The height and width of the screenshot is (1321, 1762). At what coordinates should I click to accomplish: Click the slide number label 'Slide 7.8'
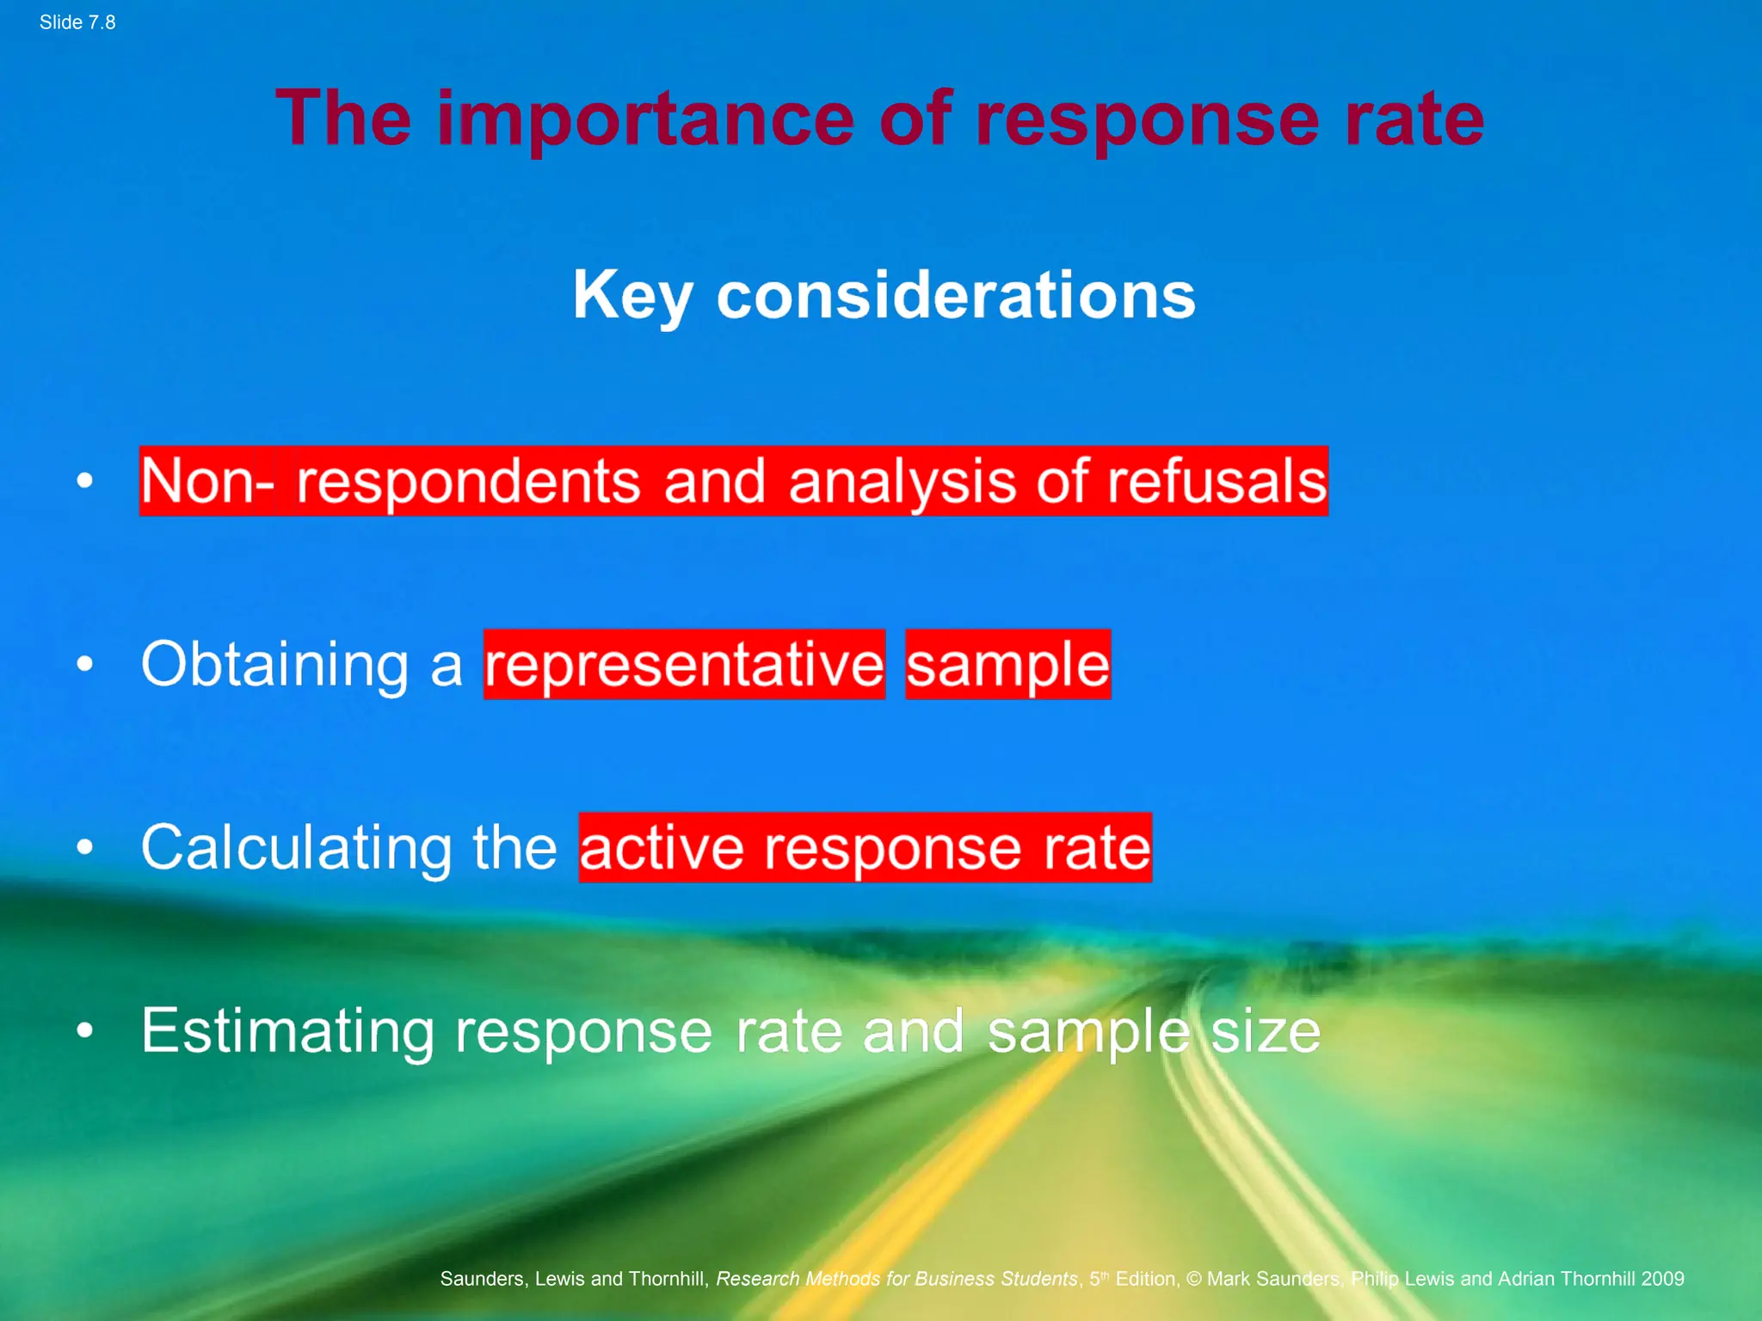pos(77,22)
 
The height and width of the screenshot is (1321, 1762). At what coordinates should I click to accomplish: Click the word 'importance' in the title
pos(645,120)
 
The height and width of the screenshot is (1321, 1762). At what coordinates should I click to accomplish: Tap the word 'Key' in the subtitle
pos(632,295)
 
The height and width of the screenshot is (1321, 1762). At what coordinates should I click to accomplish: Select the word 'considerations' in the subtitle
pos(956,295)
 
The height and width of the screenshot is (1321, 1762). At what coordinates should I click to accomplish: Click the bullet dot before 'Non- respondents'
pos(84,480)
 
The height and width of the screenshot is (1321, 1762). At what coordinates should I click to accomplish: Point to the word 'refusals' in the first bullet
pos(1217,481)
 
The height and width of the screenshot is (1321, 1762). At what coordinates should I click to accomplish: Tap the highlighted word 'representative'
pos(684,665)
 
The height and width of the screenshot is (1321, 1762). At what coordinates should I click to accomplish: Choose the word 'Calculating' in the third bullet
pos(296,848)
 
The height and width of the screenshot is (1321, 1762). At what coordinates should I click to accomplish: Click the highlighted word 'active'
pos(661,848)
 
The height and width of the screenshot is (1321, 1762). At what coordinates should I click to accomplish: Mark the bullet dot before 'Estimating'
pos(84,1029)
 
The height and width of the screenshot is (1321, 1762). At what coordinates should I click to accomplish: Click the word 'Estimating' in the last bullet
pos(288,1031)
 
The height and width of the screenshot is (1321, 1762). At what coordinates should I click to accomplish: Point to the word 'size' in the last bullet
pos(1265,1031)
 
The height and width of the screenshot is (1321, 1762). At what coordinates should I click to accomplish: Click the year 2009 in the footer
pos(1661,1279)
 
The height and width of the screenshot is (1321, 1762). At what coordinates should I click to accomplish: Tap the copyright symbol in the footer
pos(1194,1279)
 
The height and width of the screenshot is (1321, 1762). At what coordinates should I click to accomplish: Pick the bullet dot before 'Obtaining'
pos(84,663)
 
